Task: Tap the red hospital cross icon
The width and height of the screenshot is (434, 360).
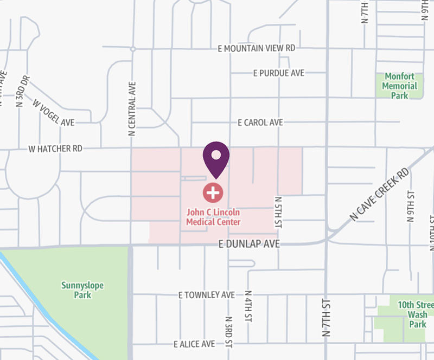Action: pyautogui.click(x=213, y=192)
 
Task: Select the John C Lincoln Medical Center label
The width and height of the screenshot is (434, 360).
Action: pyautogui.click(x=213, y=217)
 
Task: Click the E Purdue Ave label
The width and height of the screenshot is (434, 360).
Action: pyautogui.click(x=279, y=73)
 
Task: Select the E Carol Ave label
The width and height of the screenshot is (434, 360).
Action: pyautogui.click(x=260, y=123)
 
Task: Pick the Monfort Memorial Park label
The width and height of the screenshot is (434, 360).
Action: pyautogui.click(x=400, y=86)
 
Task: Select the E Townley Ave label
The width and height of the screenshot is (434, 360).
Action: pyautogui.click(x=207, y=295)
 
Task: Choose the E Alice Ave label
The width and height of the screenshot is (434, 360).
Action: pyautogui.click(x=195, y=344)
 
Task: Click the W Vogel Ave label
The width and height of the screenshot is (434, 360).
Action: pyautogui.click(x=53, y=112)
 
